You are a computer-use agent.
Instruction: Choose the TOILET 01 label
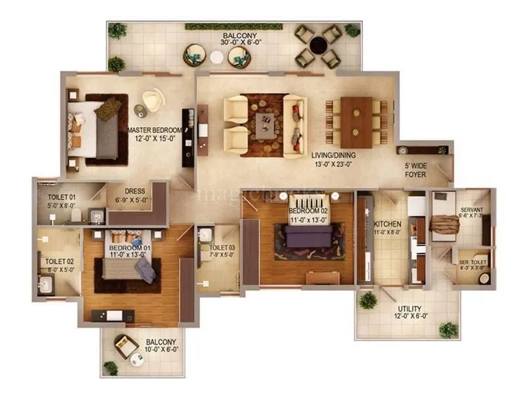click(x=62, y=197)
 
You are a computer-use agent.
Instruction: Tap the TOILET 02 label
click(x=59, y=261)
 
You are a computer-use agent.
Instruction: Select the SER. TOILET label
click(x=473, y=261)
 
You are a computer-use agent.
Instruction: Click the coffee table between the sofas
click(x=266, y=122)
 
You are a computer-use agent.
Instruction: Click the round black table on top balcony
click(x=319, y=45)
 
